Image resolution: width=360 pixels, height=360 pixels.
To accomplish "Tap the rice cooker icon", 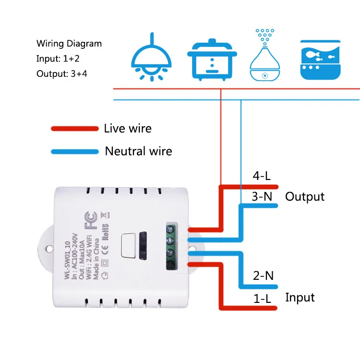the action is click(212, 60).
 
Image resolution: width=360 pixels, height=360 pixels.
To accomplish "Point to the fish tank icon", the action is click(320, 60).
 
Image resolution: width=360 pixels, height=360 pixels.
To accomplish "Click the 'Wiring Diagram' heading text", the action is click(69, 44).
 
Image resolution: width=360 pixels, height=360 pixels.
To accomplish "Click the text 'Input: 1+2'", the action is click(58, 59).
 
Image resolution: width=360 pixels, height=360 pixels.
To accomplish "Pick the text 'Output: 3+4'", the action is click(62, 74).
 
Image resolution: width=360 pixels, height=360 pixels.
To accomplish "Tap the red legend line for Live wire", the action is click(75, 129).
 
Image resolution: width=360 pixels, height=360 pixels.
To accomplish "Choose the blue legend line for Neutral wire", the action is click(75, 152).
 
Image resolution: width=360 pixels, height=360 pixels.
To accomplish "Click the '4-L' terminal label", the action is click(262, 176).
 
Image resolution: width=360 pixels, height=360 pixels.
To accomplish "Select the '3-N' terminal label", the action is click(262, 196).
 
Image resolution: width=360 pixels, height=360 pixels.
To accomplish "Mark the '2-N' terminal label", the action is click(264, 276).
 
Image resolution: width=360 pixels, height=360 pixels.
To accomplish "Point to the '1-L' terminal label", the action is click(263, 299).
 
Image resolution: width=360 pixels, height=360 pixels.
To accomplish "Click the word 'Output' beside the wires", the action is click(305, 197).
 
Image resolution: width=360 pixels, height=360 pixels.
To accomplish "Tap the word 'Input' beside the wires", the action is click(300, 298).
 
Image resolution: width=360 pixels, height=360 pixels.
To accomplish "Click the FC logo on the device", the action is click(91, 220).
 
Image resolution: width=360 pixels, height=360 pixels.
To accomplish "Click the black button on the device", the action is click(143, 246).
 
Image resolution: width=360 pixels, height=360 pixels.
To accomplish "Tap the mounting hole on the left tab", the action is click(49, 249).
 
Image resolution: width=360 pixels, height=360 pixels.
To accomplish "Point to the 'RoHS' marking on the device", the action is click(105, 232).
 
